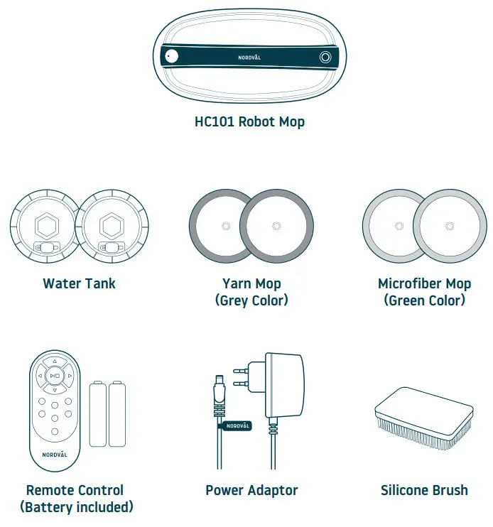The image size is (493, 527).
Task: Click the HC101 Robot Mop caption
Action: click(249, 121)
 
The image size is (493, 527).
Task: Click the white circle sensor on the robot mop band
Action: click(170, 58)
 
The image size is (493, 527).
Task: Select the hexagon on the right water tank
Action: click(112, 226)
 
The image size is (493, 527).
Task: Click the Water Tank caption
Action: click(79, 283)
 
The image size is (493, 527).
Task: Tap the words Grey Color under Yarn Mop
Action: click(251, 300)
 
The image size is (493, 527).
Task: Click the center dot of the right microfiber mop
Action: click(449, 226)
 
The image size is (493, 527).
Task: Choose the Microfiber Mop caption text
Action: click(424, 283)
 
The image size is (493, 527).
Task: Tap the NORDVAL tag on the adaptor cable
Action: click(237, 426)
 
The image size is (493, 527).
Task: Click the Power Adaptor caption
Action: click(251, 490)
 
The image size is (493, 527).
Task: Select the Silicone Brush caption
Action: click(424, 490)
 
